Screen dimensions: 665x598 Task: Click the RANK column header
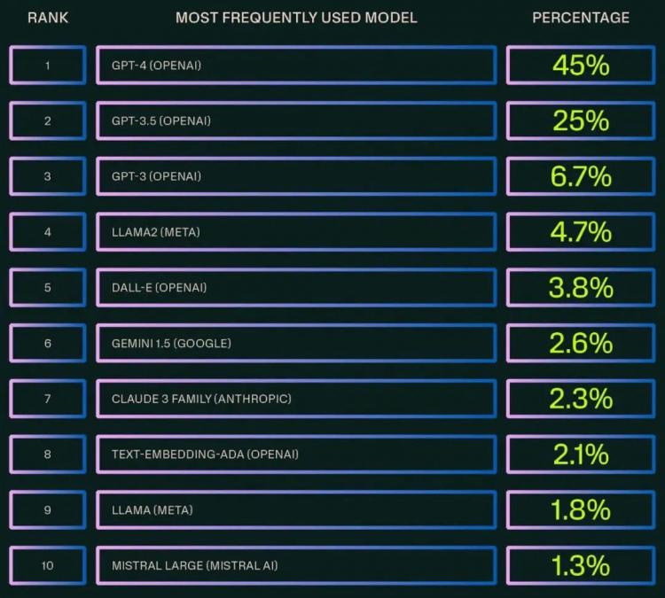pos(48,18)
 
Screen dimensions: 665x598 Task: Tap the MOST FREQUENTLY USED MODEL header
pos(296,18)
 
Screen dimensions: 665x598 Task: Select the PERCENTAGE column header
pos(581,18)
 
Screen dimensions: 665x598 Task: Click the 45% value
pos(581,66)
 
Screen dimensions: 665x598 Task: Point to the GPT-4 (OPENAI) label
pos(156,66)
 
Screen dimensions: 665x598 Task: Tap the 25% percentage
pos(581,120)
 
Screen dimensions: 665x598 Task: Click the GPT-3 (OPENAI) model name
pos(156,176)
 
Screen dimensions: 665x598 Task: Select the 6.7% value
pos(581,176)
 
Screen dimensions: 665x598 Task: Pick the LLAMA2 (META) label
pos(156,232)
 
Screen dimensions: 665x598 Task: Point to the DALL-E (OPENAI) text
pos(159,288)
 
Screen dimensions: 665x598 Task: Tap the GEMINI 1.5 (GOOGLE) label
pos(171,343)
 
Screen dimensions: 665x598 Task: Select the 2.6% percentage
pos(581,343)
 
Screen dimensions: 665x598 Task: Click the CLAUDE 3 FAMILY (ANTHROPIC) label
pos(201,399)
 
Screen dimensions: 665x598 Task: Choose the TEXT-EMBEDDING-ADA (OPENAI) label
pos(205,454)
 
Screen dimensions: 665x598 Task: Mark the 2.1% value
pos(581,454)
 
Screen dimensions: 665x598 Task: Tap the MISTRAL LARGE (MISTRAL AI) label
pos(195,565)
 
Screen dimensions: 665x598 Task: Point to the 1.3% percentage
pos(581,565)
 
